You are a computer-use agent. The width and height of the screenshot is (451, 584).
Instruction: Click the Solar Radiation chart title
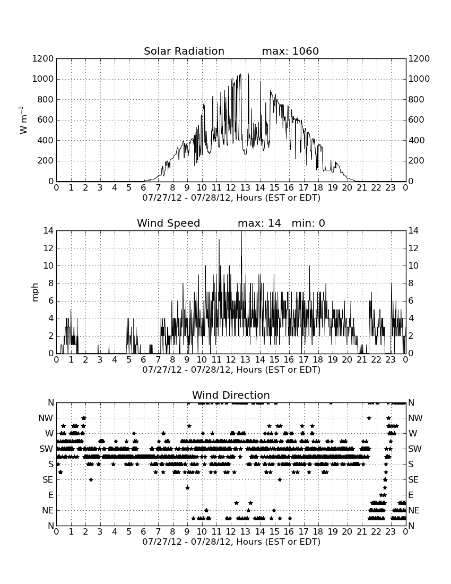[x=184, y=51]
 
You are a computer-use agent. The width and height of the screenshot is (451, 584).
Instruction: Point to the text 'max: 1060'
[x=290, y=51]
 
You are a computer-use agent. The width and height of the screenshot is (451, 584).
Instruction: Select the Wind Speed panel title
[x=168, y=223]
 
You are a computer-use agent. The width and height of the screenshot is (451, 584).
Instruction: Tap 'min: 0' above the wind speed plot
[x=308, y=223]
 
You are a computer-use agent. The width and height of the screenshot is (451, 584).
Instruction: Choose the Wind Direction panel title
[x=231, y=395]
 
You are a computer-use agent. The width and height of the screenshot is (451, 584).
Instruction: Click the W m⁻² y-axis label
[x=23, y=120]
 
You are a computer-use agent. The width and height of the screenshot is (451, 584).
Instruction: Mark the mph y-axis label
[x=35, y=293]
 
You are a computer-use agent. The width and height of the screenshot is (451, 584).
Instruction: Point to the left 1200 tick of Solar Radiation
[x=43, y=59]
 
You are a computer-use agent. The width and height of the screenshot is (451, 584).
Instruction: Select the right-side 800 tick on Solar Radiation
[x=417, y=99]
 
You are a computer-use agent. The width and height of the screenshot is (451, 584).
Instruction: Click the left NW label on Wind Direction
[x=46, y=418]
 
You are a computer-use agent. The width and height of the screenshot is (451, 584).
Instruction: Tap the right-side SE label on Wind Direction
[x=413, y=480]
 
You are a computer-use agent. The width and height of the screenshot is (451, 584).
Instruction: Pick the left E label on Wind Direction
[x=51, y=495]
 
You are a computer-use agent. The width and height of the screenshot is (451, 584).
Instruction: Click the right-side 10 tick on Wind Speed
[x=413, y=265]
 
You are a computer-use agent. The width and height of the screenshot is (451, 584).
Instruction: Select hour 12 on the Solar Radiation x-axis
[x=231, y=187]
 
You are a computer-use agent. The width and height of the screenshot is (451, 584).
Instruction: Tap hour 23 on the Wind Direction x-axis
[x=391, y=531]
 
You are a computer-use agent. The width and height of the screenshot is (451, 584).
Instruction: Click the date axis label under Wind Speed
[x=231, y=370]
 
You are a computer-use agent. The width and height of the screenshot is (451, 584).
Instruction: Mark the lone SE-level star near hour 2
[x=91, y=479]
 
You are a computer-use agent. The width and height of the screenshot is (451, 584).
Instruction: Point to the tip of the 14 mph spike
[x=241, y=231]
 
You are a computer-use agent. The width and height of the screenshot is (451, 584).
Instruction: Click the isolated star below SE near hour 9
[x=187, y=487]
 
